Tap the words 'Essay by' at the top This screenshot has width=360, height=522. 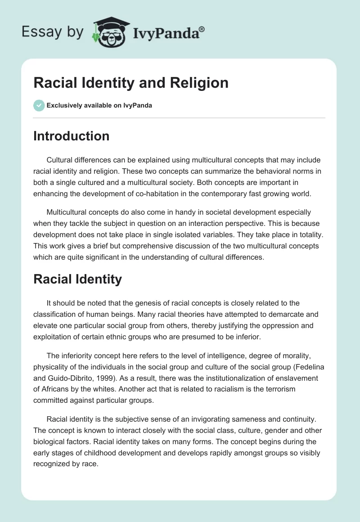[x=52, y=32]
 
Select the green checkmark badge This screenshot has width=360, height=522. [x=39, y=105]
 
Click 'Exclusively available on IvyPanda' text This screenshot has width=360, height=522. [x=99, y=105]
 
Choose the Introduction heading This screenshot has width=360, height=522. [x=71, y=136]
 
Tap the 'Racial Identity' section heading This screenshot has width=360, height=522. [x=77, y=279]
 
